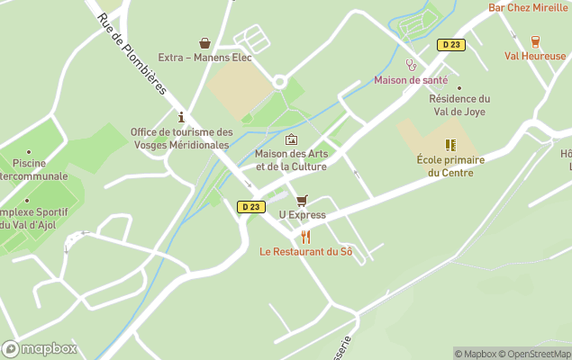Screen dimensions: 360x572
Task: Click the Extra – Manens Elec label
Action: coord(204,58)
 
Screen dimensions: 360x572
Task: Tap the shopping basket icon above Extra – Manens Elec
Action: coord(204,42)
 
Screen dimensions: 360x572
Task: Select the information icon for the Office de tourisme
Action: coord(181,117)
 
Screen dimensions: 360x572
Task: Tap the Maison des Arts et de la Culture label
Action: coord(291,159)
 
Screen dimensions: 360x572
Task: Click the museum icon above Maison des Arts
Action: coord(291,139)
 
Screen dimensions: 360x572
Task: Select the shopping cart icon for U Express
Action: coord(302,201)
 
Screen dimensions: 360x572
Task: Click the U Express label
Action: coord(302,215)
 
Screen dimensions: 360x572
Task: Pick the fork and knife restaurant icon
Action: coord(305,237)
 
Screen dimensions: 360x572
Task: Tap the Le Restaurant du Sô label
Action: coord(306,252)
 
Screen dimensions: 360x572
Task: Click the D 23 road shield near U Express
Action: coord(251,207)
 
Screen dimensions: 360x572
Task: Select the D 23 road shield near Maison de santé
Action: coord(451,45)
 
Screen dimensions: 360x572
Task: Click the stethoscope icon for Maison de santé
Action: coord(411,65)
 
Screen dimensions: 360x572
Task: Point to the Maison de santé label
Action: coord(411,80)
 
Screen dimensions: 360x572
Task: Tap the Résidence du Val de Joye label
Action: coord(459,105)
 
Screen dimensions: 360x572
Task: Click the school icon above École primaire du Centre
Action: coord(449,145)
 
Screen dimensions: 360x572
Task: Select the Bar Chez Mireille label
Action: coord(529,7)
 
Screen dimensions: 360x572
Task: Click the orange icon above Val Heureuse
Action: coord(536,40)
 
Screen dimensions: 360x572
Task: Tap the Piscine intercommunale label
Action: coord(30,169)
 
